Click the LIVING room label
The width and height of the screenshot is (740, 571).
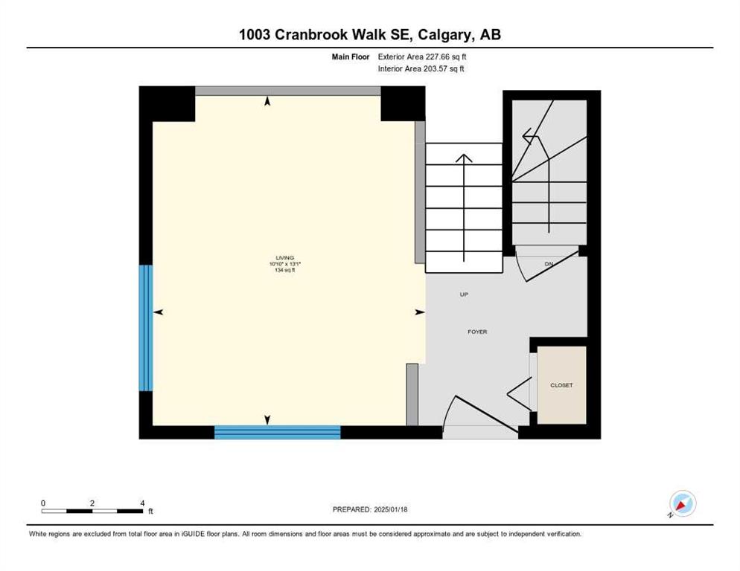pyautogui.click(x=284, y=258)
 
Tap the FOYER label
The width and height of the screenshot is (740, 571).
pyautogui.click(x=477, y=332)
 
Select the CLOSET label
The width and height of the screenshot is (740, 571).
pyautogui.click(x=561, y=385)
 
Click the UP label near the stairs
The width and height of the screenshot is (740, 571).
pyautogui.click(x=464, y=294)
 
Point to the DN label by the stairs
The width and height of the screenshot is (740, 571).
pyautogui.click(x=549, y=264)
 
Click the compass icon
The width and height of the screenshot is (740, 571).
pyautogui.click(x=682, y=504)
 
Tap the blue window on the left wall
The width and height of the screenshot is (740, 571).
pyautogui.click(x=146, y=328)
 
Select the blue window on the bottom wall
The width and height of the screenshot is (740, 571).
pyautogui.click(x=278, y=432)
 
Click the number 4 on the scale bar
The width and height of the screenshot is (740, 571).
pyautogui.click(x=142, y=503)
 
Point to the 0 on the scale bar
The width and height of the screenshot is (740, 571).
pyautogui.click(x=43, y=503)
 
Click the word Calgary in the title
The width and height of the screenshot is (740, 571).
pyautogui.click(x=444, y=34)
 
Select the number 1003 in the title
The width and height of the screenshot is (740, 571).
pyautogui.click(x=255, y=34)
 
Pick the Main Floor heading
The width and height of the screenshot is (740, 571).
pyautogui.click(x=351, y=57)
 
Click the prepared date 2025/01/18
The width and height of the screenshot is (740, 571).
pyautogui.click(x=390, y=510)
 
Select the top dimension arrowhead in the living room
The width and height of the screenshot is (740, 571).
pyautogui.click(x=267, y=100)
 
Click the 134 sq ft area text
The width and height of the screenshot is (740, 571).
pyautogui.click(x=284, y=270)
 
